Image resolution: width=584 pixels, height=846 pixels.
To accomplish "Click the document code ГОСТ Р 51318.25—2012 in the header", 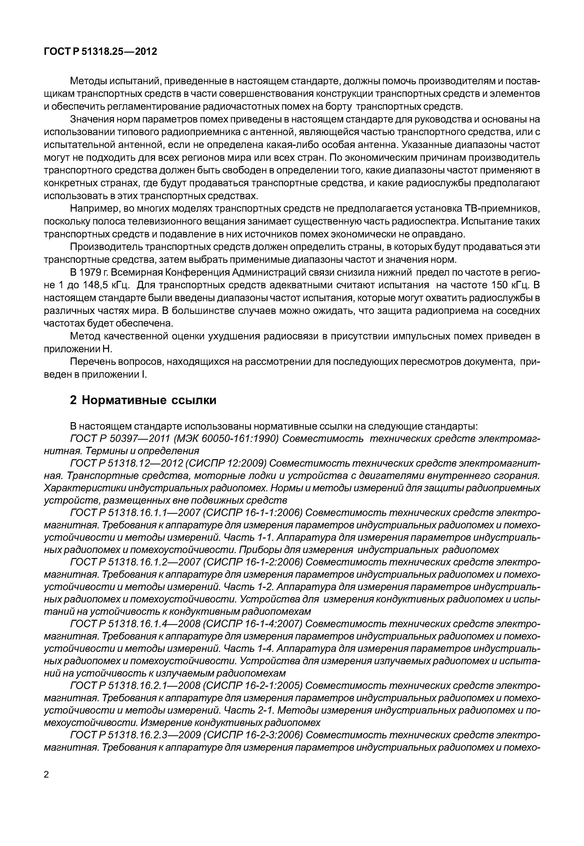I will tap(100, 52).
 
